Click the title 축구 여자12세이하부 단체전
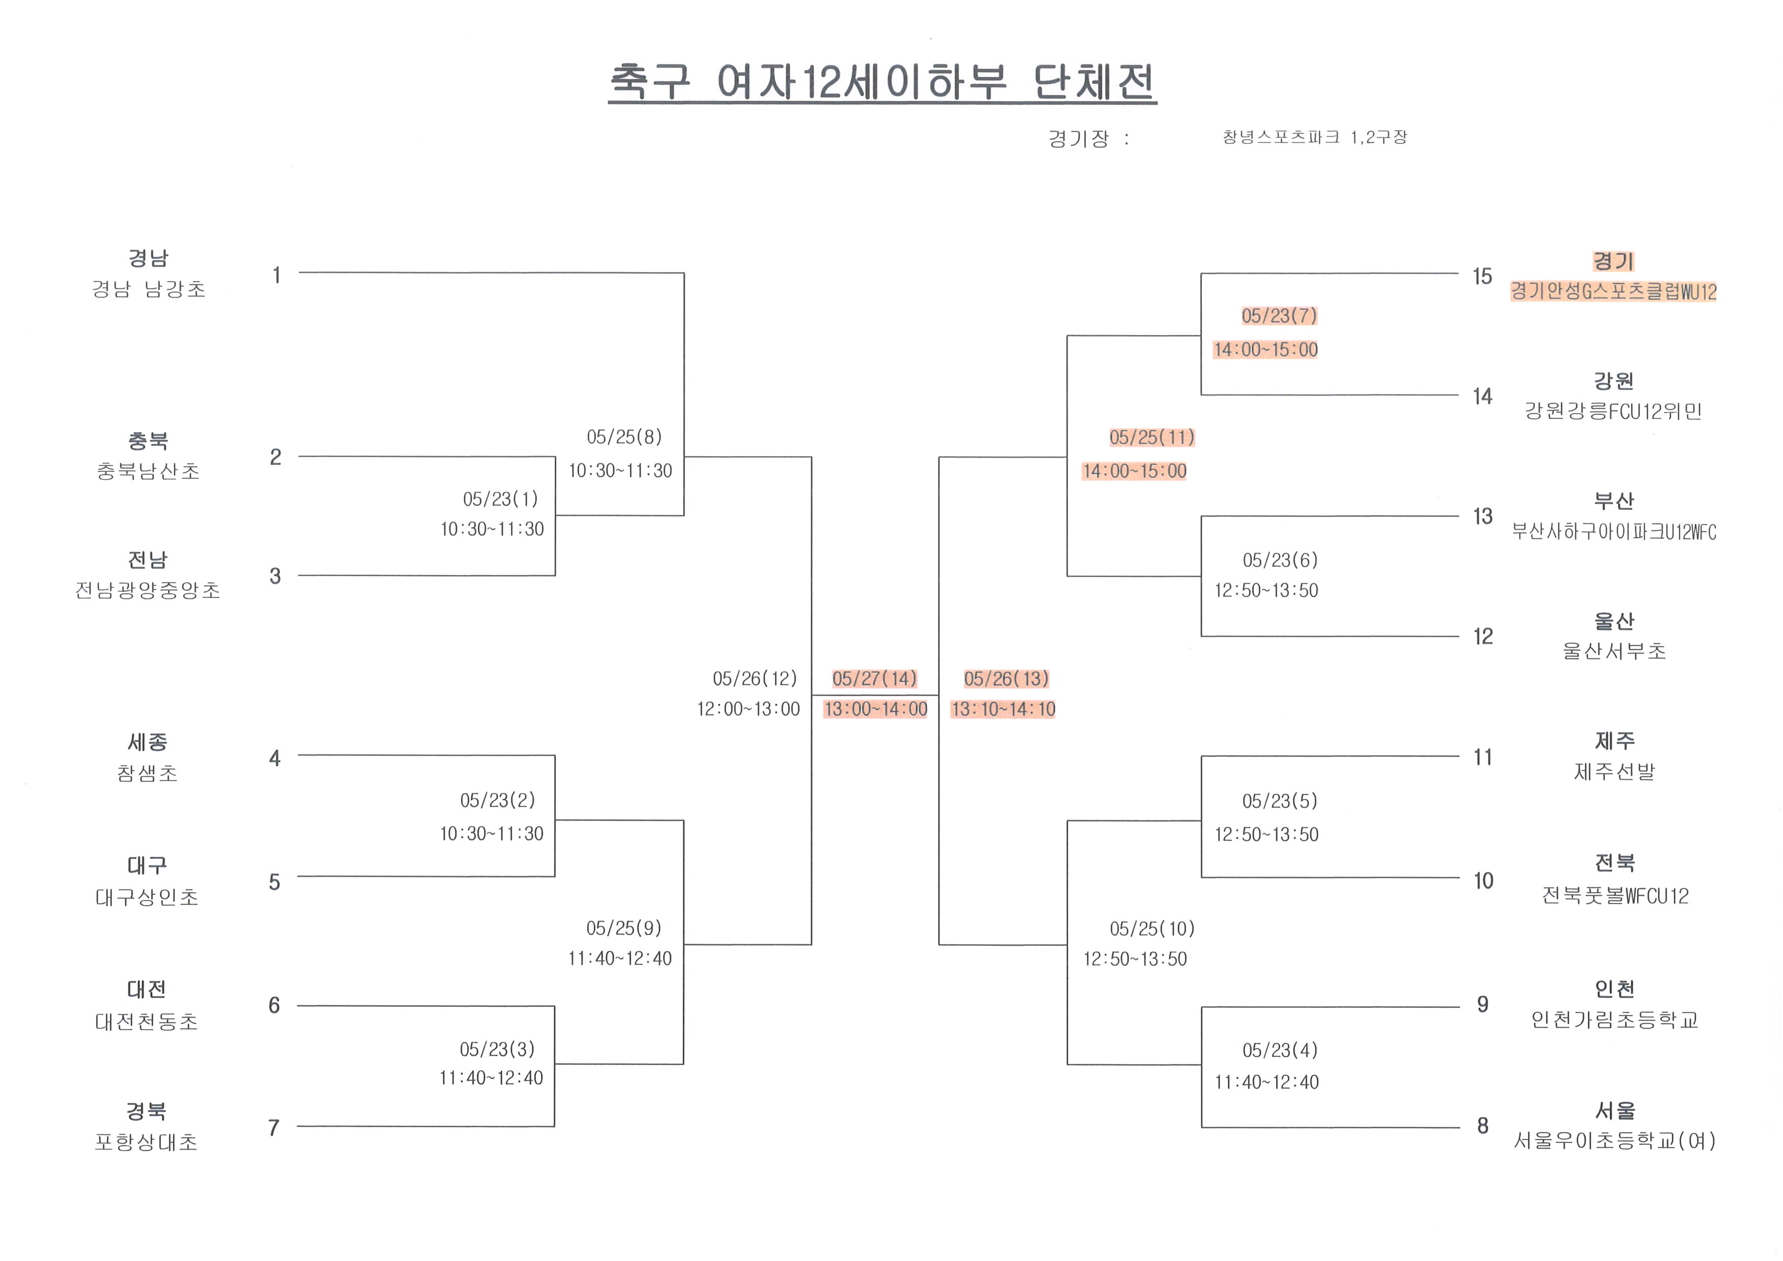882,81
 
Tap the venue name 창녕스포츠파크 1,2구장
1314,137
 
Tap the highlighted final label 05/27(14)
874,679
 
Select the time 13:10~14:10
1003,709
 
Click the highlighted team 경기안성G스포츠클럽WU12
1613,292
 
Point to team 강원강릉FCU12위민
1613,411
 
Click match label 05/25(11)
1152,437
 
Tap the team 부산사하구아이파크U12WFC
1613,532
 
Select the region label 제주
1615,741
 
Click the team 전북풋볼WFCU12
1615,896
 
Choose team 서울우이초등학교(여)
1615,1140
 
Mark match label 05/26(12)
755,679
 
